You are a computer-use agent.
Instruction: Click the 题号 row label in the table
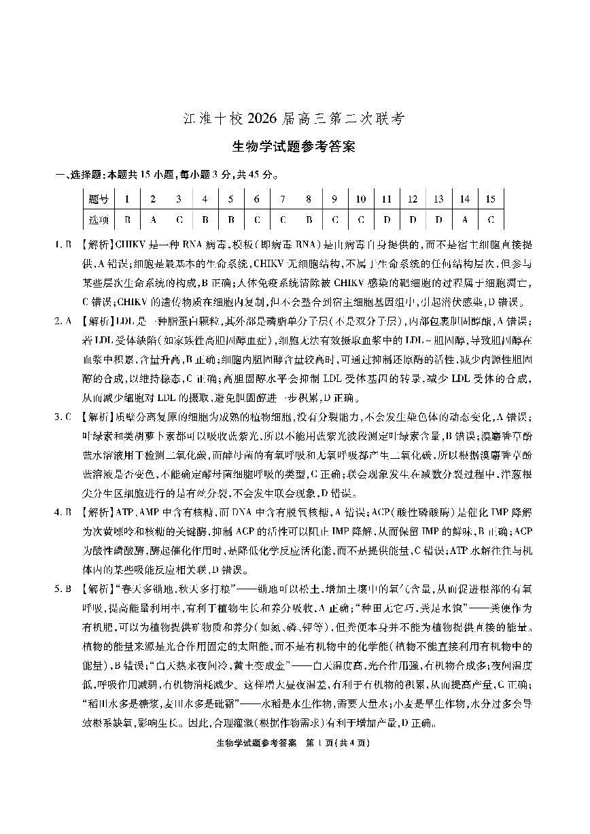click(99, 199)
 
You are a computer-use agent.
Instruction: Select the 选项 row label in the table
click(99, 220)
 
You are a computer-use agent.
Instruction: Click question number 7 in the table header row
click(282, 199)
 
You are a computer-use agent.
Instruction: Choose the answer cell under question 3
click(179, 220)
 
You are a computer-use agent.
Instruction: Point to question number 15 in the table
click(490, 199)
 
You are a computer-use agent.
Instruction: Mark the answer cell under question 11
click(386, 220)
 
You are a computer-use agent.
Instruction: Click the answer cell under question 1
click(127, 220)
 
